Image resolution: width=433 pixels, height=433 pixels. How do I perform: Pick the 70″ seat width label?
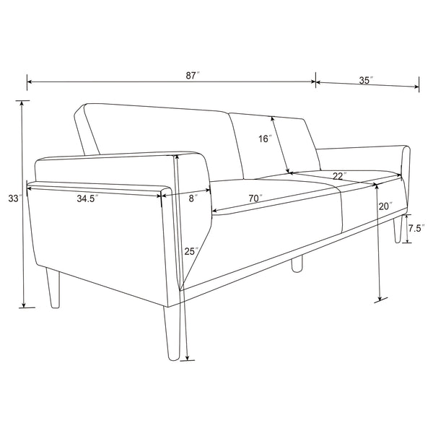(x=254, y=198)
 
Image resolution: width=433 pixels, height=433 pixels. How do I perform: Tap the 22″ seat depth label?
(x=339, y=175)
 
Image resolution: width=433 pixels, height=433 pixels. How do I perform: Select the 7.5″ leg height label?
(x=414, y=228)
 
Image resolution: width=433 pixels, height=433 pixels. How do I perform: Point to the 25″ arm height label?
(x=190, y=251)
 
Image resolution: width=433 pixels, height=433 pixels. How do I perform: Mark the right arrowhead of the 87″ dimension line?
(x=313, y=82)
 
